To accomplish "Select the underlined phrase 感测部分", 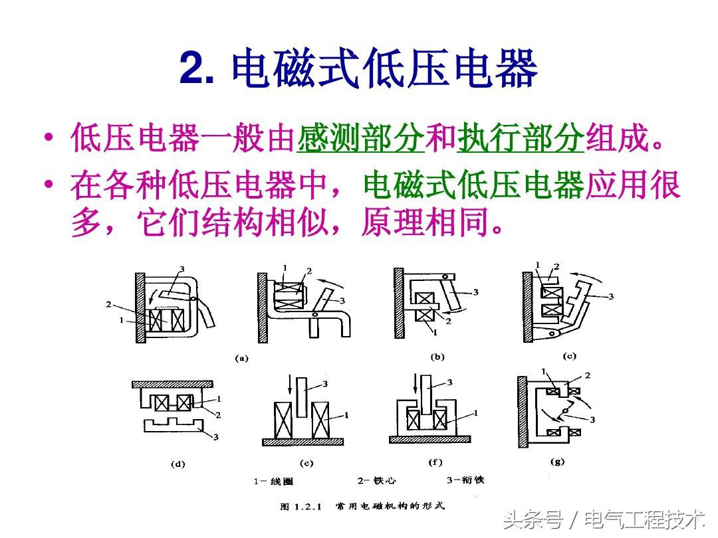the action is click(360, 137).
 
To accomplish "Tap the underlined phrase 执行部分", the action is click(521, 137).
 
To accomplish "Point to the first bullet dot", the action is click(48, 137).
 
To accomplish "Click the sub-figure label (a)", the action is click(241, 358).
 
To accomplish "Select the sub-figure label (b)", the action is click(437, 357).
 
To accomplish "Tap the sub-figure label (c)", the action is click(569, 356).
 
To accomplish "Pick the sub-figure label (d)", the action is click(178, 464).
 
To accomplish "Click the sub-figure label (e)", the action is click(306, 463).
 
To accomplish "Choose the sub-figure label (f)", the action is click(435, 462).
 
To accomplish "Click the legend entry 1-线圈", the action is click(273, 482).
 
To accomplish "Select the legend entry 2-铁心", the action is click(377, 480).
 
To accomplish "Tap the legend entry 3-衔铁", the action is click(465, 480).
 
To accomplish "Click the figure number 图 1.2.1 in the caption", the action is click(301, 506).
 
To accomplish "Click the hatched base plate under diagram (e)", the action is click(302, 442).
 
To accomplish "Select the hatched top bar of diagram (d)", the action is click(172, 385).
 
